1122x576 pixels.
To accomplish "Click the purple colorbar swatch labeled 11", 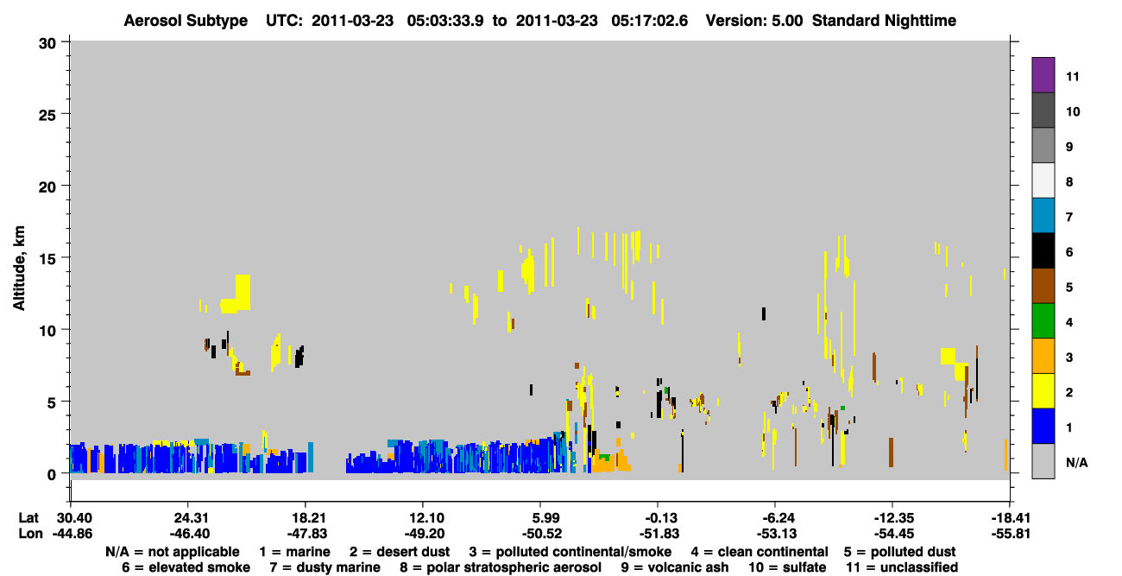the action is coord(1043,74).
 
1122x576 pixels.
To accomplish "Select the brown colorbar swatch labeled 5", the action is coord(1043,286).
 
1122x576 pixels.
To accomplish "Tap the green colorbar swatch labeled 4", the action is coord(1043,321).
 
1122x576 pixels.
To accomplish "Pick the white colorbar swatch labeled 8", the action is coord(1043,180).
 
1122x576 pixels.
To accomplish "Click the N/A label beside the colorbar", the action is coord(1076,462).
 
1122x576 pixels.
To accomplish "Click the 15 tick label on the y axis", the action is coord(47,258).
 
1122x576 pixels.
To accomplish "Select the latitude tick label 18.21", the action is coord(306,518).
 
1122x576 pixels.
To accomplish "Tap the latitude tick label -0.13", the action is coord(659,518).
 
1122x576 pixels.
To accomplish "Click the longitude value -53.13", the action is coord(775,534).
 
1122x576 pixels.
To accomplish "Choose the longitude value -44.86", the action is coord(72,534).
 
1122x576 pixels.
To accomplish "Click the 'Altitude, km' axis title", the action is coord(19,269).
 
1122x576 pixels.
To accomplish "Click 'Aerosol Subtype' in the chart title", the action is coord(186,21).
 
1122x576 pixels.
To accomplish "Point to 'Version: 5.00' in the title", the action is coord(754,21).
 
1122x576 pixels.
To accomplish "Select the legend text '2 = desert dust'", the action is coord(400,552).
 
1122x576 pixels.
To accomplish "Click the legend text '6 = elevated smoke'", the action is coord(186,567).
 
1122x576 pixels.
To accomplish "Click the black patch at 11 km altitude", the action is coord(764,313).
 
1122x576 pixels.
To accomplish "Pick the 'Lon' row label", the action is coord(30,534).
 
